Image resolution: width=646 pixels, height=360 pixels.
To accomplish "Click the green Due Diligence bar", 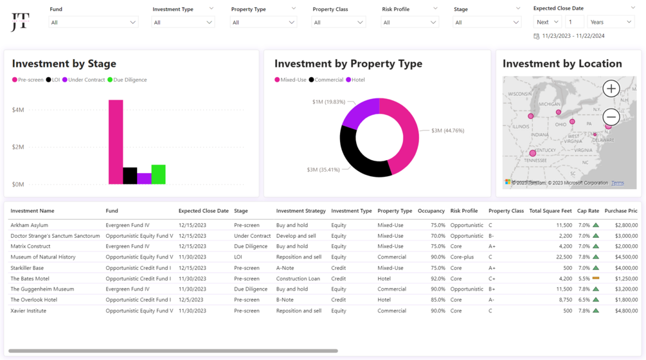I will pos(158,174).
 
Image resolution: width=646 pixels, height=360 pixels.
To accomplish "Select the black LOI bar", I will pos(130,175).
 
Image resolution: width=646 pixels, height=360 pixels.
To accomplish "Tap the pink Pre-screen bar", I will pos(116,141).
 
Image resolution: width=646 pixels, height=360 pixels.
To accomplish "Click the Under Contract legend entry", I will pos(83,80).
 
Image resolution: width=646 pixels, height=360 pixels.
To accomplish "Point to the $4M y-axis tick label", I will pos(18,110).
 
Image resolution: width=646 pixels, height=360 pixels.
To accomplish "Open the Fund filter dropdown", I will pos(93,22).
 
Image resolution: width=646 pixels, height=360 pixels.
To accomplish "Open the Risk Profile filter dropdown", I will pos(409,22).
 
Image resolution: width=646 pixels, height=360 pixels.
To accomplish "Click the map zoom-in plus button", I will pos(611,89).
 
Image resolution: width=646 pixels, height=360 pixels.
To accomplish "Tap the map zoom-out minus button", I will pos(611,117).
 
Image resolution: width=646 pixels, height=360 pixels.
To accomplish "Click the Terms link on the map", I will pos(617,183).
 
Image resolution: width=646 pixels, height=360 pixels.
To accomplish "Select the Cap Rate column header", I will pos(588,211).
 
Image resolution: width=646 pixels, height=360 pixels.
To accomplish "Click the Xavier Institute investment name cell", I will pos(28,310).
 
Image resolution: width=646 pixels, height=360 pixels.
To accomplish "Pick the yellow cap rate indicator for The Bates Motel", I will pos(596,278).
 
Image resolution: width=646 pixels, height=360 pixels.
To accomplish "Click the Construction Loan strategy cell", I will pos(298,278).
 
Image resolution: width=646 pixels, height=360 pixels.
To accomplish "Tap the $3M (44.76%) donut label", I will pos(447,130).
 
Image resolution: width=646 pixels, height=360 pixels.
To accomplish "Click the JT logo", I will pos(20,23).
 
